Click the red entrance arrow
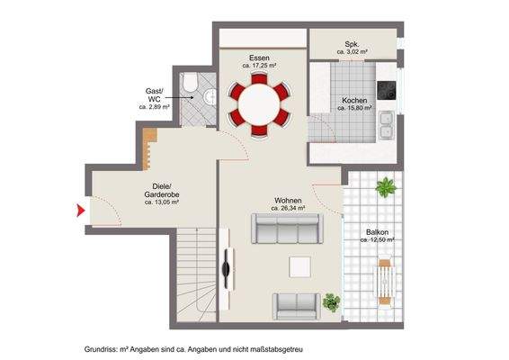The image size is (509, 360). coord(79,211)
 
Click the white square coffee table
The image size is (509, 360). coord(299,266)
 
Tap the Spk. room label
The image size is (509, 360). coord(353,45)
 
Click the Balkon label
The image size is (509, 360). coord(377,232)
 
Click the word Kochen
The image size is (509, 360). coord(354,100)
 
